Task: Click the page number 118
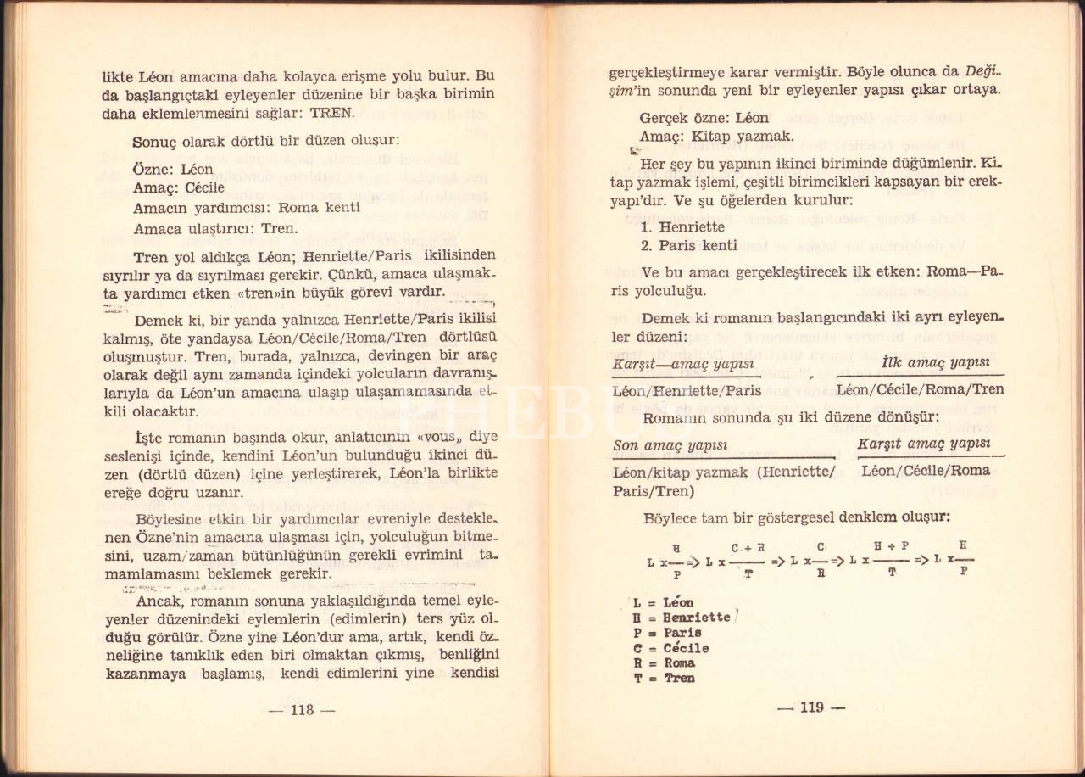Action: coord(302,710)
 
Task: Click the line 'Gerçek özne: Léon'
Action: coord(704,117)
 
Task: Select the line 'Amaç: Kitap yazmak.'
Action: coord(716,136)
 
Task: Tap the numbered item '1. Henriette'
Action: coord(682,226)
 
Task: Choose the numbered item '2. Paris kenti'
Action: coord(688,246)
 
